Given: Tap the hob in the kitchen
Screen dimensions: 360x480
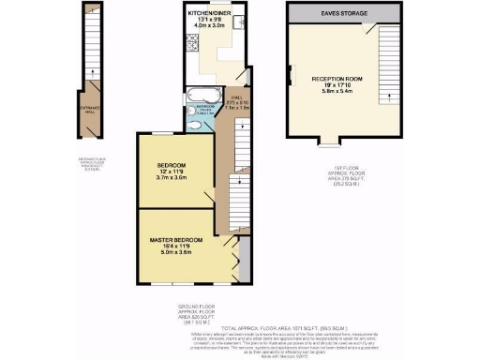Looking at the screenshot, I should (191, 41).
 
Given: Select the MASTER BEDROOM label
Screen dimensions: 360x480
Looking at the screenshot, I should (177, 241).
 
